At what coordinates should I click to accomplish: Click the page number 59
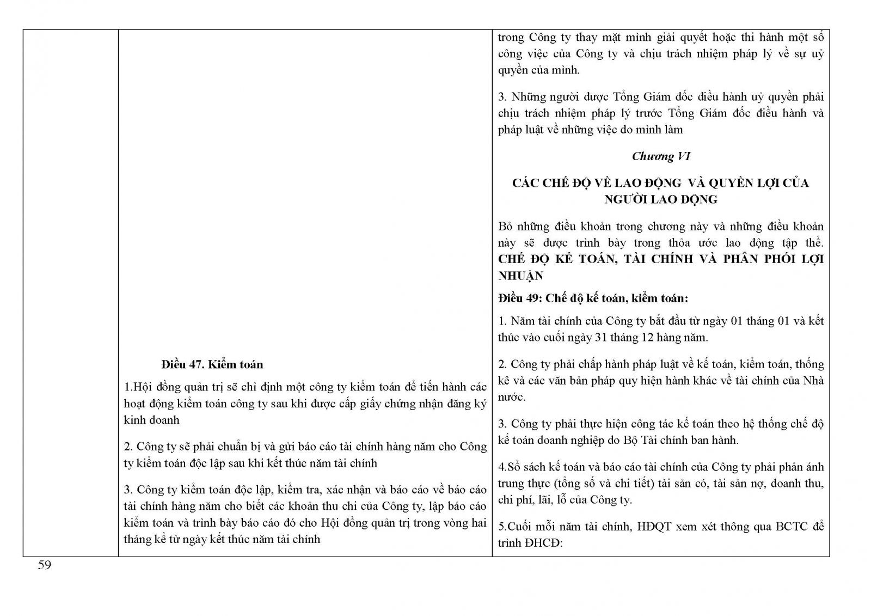(x=44, y=565)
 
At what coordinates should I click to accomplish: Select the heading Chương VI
(x=661, y=156)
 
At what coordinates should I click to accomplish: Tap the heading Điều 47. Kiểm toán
(x=212, y=364)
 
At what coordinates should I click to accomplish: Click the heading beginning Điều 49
(x=593, y=298)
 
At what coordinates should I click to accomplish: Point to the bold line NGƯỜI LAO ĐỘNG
(x=660, y=199)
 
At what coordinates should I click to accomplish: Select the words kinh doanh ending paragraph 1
(x=151, y=420)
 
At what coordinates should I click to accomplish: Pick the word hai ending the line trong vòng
(x=478, y=523)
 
